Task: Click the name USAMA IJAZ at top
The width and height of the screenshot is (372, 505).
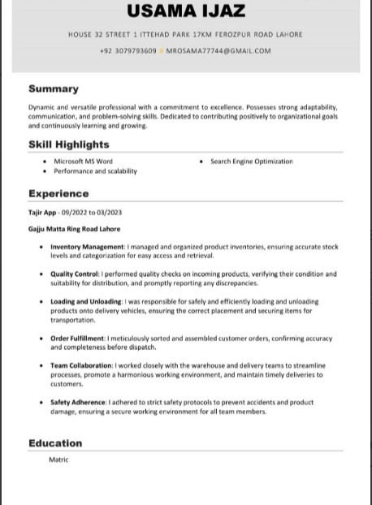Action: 185,11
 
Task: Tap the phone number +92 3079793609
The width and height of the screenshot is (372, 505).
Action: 128,51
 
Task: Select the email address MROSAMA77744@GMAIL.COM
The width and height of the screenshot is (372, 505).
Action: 218,51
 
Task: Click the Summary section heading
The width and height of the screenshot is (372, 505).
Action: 54,88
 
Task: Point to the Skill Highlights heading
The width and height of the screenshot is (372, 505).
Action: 68,145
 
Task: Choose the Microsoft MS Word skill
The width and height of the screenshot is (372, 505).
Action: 83,162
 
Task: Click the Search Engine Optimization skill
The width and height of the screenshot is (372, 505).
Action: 251,162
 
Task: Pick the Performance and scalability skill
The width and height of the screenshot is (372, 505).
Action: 95,171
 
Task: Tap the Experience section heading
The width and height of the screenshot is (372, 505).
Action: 58,194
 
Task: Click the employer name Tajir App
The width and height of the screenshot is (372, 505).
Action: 42,213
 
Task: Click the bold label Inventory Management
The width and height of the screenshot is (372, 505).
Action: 87,247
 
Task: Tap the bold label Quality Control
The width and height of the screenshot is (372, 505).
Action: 74,274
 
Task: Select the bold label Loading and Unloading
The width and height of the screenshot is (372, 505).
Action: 86,301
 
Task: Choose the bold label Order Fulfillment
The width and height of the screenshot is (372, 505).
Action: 77,339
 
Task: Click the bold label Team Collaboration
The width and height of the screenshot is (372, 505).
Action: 81,366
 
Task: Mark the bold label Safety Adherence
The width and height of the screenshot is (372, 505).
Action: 78,403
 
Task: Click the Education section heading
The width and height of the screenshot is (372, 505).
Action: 55,443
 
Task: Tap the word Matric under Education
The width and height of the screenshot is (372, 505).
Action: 58,460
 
